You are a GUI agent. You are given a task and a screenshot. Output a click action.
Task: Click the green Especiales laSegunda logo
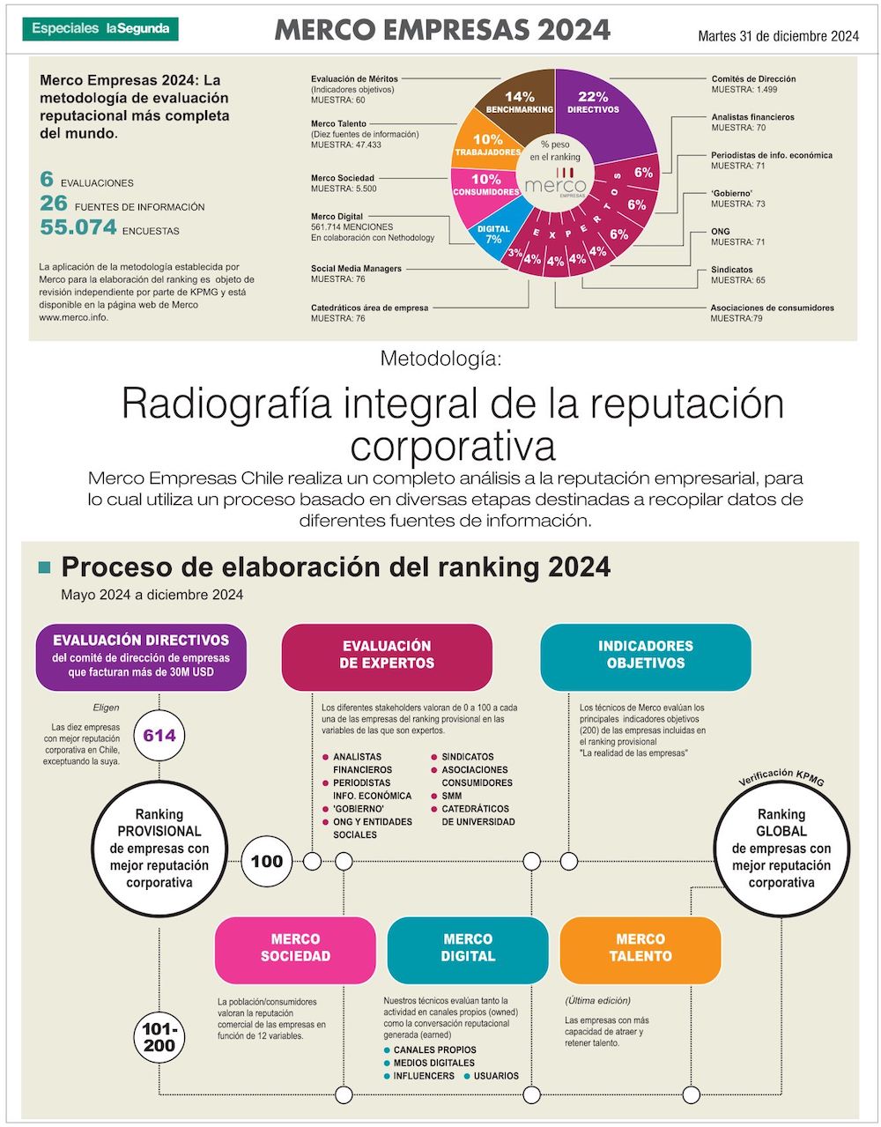(100, 29)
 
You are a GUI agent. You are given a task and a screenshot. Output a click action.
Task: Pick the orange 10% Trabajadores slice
(485, 145)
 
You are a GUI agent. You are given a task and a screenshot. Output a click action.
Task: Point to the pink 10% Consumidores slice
(484, 186)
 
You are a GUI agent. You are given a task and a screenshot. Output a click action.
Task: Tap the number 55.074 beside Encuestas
(78, 227)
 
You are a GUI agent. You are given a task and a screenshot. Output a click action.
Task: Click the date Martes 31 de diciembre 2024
(778, 36)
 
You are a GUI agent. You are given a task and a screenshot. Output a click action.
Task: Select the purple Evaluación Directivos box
(141, 656)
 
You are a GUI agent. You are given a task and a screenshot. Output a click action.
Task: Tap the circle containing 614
(159, 735)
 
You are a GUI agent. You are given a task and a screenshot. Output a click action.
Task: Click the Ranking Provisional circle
(159, 848)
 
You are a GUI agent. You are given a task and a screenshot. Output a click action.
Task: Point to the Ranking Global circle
(781, 848)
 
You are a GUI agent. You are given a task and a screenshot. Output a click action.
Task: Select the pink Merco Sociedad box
(295, 948)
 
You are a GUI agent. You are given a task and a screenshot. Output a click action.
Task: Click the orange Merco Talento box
(640, 948)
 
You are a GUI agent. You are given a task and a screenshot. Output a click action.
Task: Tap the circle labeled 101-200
(159, 1038)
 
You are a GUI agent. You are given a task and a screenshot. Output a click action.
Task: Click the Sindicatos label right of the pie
(732, 270)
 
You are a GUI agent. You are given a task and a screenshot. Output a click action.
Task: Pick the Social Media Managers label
(356, 269)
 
